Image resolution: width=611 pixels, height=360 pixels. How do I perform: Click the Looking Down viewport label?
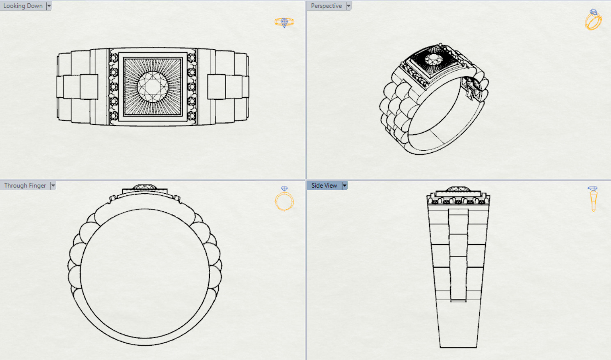point(23,6)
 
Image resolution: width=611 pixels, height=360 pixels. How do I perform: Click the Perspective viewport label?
point(326,6)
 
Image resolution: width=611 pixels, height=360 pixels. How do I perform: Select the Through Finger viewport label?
point(25,186)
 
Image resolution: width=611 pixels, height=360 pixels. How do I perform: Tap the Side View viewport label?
point(324,186)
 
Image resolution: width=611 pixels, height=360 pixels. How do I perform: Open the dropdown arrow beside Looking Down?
point(49,6)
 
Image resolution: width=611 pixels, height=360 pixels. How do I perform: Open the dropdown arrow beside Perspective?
point(348,6)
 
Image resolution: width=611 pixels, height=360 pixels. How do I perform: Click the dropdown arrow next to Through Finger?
point(53,186)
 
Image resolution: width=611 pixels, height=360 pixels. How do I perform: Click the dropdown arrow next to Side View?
point(344,186)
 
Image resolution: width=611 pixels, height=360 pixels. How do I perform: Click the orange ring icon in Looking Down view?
point(284,22)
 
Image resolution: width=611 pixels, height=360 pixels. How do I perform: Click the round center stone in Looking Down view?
point(153,87)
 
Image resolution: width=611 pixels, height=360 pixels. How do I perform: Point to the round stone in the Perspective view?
point(433,60)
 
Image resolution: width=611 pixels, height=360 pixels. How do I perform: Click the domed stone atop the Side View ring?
point(458,189)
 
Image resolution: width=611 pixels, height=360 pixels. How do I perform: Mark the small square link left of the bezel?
point(89,87)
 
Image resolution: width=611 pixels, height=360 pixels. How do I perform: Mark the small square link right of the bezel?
point(216,87)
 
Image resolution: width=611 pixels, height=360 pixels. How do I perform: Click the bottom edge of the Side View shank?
point(458,347)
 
